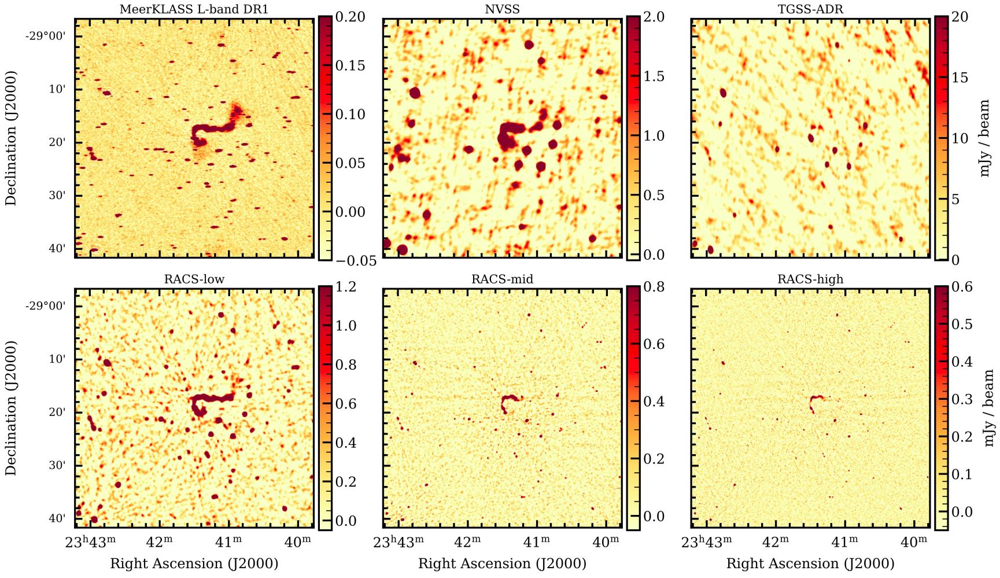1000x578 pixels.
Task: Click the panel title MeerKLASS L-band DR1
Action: coord(194,9)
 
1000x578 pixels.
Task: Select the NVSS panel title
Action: coord(501,9)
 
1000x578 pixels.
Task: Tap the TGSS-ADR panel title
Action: coord(810,9)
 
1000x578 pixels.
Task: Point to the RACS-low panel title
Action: coord(194,279)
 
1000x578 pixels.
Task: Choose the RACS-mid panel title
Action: coord(501,279)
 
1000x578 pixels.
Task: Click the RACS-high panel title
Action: coord(810,279)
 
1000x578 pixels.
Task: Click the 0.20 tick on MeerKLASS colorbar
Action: coord(350,17)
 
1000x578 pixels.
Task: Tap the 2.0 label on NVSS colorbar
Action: coord(654,17)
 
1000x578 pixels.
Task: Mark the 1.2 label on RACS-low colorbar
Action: coord(345,287)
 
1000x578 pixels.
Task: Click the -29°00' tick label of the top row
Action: coord(45,36)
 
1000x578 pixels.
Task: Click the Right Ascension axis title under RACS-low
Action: coord(194,564)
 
